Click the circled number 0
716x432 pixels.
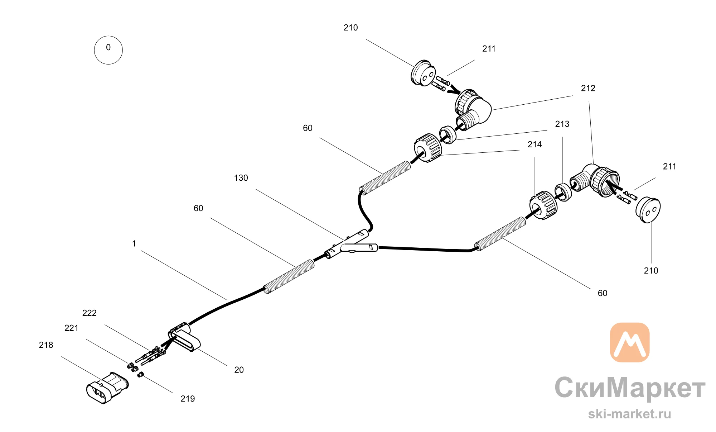[108, 50]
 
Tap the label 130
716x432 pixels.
[241, 178]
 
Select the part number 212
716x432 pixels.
[588, 88]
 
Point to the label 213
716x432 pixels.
[562, 124]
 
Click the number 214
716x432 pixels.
[534, 144]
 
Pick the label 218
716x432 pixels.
[46, 345]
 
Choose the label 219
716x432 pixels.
[188, 399]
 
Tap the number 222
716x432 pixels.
[89, 313]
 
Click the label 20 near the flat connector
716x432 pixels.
[239, 370]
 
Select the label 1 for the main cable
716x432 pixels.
[134, 244]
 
